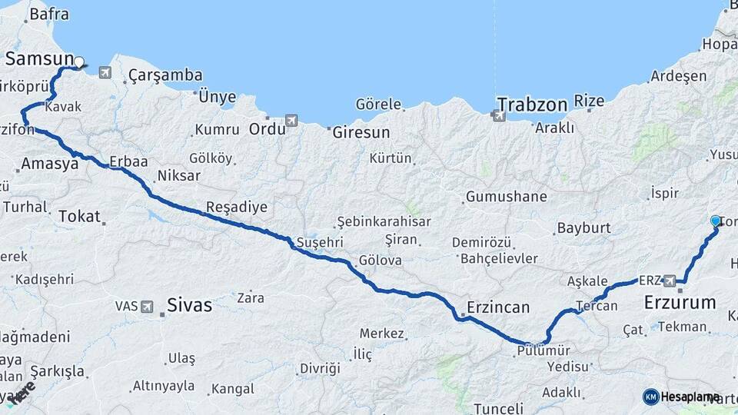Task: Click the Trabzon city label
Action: [x=532, y=104]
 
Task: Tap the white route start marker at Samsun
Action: [x=78, y=61]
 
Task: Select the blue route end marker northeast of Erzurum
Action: [x=716, y=221]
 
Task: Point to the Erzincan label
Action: [x=498, y=307]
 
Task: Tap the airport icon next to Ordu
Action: [x=291, y=121]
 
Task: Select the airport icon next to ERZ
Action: [x=670, y=281]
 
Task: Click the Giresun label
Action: [x=361, y=132]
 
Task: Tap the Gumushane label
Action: [x=506, y=197]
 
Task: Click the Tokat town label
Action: [x=79, y=217]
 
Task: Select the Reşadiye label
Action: [x=237, y=207]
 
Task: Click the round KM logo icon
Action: [x=651, y=397]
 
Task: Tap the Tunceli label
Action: [x=499, y=408]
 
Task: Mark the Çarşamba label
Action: [x=165, y=75]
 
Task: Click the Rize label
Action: [x=590, y=101]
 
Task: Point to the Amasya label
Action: [x=49, y=164]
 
